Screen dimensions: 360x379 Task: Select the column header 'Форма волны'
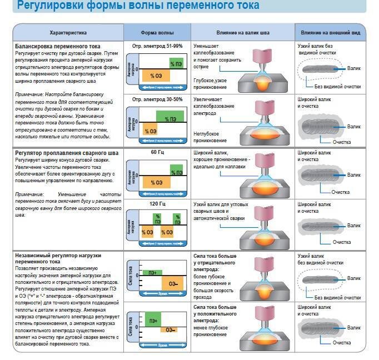(157, 33)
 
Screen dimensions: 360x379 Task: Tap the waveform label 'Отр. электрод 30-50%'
(158, 99)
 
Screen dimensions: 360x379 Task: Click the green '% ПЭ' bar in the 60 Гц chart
(176, 171)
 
